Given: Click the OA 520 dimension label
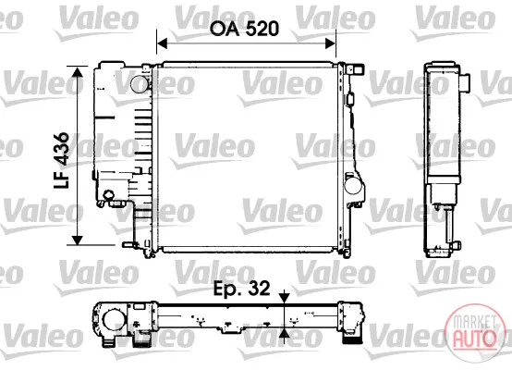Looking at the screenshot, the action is [244, 29].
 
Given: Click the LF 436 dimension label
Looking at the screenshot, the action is [61, 160].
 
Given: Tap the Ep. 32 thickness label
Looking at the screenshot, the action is [241, 289].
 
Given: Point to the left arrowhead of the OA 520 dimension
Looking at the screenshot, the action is [162, 43].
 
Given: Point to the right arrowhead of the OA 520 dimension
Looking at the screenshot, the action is [331, 43].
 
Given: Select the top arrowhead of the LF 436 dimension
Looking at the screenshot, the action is [78, 71].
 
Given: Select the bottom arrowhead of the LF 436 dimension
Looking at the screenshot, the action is [78, 240].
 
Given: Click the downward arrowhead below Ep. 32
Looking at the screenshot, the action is [285, 298].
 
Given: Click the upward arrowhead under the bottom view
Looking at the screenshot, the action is [285, 333].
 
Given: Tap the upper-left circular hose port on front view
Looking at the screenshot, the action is [140, 83].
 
